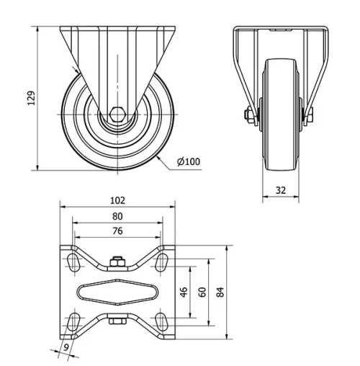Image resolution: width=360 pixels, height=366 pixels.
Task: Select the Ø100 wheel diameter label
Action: [x=189, y=161]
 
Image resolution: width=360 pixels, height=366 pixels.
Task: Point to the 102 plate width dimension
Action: [x=117, y=200]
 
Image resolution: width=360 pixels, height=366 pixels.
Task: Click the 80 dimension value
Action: [x=117, y=215]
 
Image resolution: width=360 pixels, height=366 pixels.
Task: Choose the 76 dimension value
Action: [x=117, y=231]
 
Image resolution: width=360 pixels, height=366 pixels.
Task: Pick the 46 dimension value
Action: [x=184, y=292]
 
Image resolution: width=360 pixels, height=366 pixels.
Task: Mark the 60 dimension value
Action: [x=202, y=292]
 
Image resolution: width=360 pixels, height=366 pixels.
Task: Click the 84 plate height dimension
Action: [x=220, y=292]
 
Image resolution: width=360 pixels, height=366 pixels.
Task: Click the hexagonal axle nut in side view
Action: [x=117, y=114]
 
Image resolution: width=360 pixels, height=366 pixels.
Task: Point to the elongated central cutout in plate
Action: [x=117, y=292]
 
